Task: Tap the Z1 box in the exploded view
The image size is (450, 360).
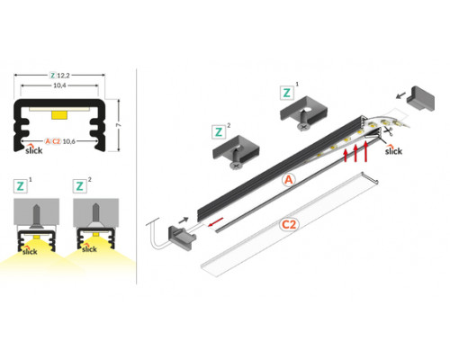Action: pyautogui.click(x=287, y=92)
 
